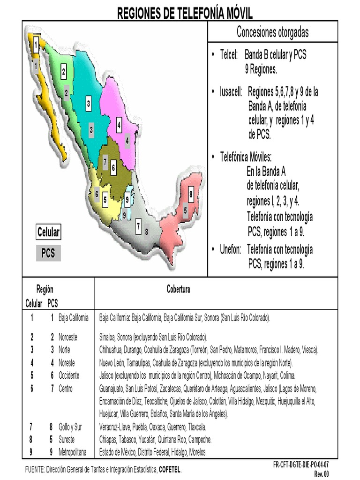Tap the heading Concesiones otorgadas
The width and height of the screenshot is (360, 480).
click(x=272, y=32)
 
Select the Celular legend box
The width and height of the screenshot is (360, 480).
click(x=48, y=232)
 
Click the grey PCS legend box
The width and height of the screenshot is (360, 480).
click(x=48, y=253)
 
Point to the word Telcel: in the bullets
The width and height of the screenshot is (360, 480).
click(x=230, y=55)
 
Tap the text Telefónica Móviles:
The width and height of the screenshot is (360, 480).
click(x=246, y=157)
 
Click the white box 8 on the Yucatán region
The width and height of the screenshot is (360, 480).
click(x=191, y=193)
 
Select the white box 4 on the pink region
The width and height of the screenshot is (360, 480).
click(x=119, y=125)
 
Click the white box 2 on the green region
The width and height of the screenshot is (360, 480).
click(x=63, y=73)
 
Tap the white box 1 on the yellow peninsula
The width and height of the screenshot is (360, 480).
click(x=36, y=46)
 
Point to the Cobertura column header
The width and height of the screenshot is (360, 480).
click(x=178, y=290)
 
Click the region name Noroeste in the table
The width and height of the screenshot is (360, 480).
click(x=68, y=337)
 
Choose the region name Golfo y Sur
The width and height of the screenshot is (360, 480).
click(x=70, y=427)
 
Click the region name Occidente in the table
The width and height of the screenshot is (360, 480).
click(x=69, y=375)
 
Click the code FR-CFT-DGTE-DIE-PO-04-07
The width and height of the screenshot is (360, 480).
click(x=301, y=465)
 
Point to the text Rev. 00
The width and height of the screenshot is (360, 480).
click(x=321, y=474)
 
